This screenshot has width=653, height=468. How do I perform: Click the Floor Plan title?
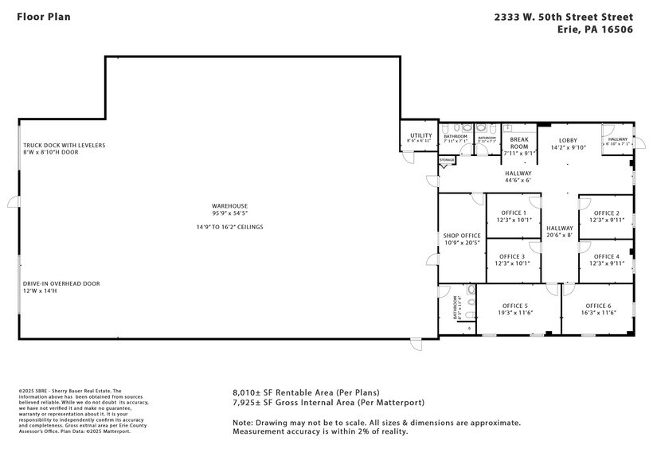[45, 16]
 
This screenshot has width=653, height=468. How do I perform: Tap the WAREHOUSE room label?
[229, 205]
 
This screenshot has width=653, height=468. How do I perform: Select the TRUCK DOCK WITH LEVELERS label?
[64, 146]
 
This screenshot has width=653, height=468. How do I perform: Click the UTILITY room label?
[420, 136]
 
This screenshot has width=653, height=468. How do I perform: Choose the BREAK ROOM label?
[519, 142]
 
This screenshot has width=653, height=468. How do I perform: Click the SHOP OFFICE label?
[462, 236]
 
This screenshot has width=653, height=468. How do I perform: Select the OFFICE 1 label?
[513, 213]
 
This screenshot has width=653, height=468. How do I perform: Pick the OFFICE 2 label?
[606, 213]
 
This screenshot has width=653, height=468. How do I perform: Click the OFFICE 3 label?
[513, 256]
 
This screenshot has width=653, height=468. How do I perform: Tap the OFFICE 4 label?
[606, 256]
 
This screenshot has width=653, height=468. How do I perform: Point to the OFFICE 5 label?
[515, 306]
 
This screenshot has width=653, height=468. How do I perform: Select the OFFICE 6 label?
[598, 306]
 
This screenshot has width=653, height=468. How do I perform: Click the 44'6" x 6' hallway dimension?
[517, 181]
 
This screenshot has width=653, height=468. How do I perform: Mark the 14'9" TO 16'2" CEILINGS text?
[229, 227]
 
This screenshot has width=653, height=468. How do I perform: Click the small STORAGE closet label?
[447, 161]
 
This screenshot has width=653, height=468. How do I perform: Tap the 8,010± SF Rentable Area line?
[306, 392]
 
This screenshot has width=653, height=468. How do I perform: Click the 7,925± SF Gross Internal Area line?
[328, 403]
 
